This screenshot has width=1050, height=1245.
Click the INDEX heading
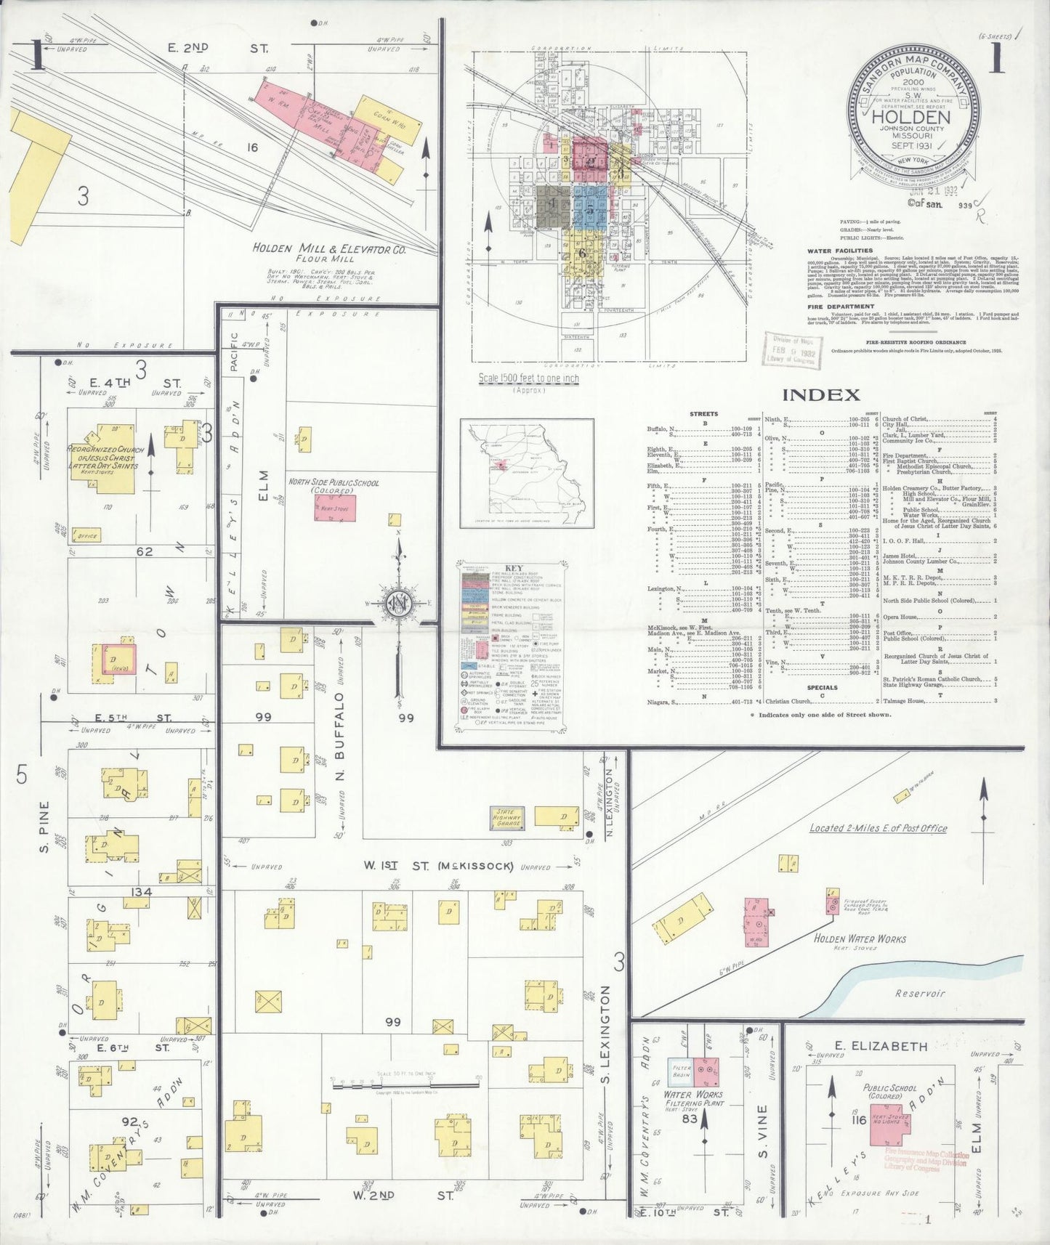(822, 395)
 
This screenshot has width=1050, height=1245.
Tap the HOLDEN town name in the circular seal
(910, 117)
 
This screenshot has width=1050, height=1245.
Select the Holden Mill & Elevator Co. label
(329, 248)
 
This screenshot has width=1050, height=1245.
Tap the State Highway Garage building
(507, 817)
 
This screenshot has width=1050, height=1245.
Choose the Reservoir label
(919, 993)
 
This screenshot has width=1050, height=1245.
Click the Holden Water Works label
(859, 938)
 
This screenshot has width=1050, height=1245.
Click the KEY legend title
(513, 567)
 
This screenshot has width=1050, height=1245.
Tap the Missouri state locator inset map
(526, 472)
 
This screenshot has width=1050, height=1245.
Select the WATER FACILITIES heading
(840, 251)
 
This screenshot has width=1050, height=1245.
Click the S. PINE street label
(44, 826)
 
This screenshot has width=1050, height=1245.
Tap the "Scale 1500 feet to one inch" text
(528, 378)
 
